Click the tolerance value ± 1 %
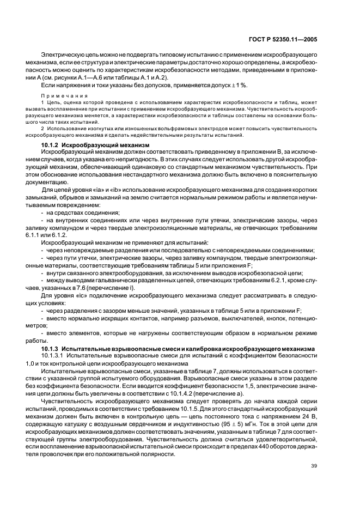point(239,85)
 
